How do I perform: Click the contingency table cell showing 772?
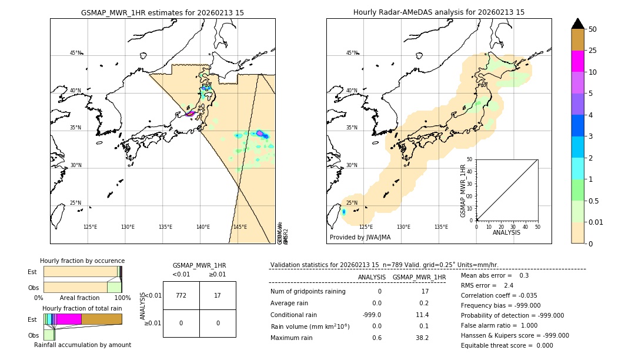[181, 295]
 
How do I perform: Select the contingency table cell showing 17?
[218, 295]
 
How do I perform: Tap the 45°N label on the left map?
[75, 53]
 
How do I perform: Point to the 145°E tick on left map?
[240, 227]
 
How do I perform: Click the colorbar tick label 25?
[593, 51]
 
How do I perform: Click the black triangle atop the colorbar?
[578, 24]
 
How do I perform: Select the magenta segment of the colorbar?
[578, 61]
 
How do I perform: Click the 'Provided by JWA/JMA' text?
[360, 237]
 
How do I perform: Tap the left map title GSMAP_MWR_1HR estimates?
[162, 12]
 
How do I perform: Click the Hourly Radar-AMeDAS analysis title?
[439, 12]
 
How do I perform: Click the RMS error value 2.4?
[509, 285]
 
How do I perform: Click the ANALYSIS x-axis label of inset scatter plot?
[507, 232]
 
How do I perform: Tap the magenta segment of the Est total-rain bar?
[69, 319]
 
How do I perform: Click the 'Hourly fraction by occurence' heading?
[82, 261]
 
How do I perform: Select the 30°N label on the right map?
[352, 165]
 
